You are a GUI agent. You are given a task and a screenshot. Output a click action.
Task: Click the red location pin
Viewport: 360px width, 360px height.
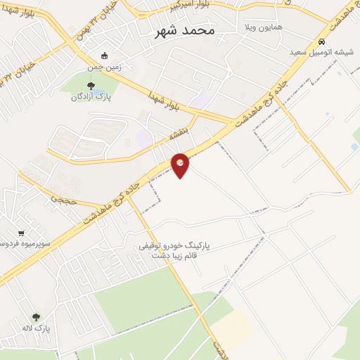coord(181,165)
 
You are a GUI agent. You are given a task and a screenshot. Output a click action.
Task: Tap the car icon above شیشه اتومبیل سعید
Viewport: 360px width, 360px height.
coord(321,41)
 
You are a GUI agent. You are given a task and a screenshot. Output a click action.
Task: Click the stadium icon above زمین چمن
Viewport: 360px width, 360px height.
coord(105,56)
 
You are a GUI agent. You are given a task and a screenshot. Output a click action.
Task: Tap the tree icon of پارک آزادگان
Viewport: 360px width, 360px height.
coord(89,86)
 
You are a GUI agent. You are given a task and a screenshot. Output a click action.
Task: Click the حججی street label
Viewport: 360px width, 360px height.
coord(61,198)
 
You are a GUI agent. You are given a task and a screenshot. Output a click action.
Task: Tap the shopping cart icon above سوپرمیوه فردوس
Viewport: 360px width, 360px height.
coord(21,233)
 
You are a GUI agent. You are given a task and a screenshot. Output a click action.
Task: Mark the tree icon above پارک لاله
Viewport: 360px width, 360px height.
coord(36,318)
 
